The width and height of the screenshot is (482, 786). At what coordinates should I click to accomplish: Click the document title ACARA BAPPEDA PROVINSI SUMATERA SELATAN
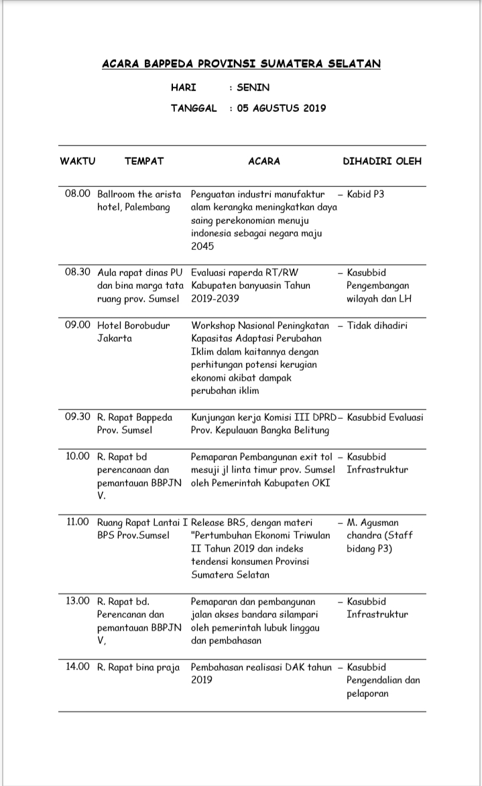point(241,64)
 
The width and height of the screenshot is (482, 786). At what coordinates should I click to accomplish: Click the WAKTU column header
point(78,161)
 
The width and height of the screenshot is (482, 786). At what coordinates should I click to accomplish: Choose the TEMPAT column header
point(144,161)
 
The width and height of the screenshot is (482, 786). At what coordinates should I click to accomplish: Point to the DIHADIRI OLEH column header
point(382,161)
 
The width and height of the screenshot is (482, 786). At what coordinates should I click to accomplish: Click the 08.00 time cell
point(78,194)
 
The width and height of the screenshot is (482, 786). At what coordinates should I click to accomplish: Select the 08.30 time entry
point(78,273)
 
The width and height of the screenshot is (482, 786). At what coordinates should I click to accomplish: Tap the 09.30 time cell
point(78,417)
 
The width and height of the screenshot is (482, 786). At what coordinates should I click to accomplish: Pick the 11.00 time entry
point(78,522)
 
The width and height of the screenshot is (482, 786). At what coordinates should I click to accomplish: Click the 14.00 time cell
point(78,667)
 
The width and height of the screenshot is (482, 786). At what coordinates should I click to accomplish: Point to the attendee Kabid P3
point(365,194)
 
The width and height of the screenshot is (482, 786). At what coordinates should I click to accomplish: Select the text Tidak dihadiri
point(377,326)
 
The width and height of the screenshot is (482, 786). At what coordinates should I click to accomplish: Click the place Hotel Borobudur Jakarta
point(133,332)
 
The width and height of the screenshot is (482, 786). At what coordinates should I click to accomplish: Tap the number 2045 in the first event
point(202,247)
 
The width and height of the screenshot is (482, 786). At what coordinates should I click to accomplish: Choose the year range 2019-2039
point(215,299)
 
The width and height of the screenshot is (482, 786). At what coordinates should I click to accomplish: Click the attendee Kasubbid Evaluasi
point(385,417)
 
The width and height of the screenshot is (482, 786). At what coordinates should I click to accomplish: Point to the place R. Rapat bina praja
point(139,667)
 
